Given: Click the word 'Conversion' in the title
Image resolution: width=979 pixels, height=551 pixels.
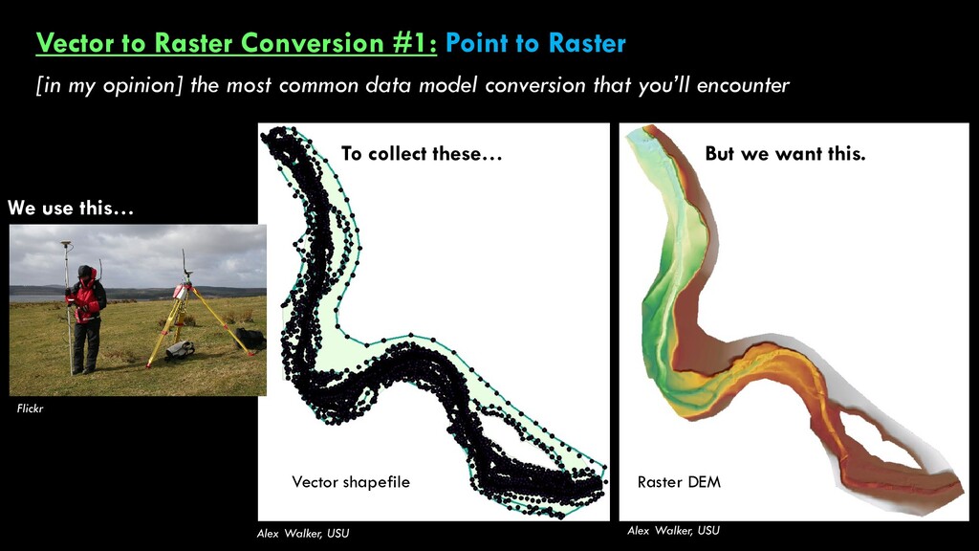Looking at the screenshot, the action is (x=313, y=42).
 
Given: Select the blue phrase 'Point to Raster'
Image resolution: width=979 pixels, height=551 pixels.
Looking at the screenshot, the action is (x=535, y=42).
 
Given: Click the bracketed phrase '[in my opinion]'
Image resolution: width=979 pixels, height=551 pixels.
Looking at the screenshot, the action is (x=109, y=84).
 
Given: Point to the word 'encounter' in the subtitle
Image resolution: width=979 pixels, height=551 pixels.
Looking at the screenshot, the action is (x=742, y=84).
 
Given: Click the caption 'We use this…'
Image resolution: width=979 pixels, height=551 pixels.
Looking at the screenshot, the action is (x=71, y=208).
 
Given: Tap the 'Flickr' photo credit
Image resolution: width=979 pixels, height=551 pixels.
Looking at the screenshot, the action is (x=30, y=408).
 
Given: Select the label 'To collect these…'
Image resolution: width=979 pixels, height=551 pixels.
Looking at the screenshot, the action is (x=422, y=153).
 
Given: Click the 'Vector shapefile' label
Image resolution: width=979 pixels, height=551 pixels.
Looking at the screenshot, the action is (x=351, y=482).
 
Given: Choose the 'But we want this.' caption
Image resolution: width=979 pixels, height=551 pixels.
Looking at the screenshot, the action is (x=785, y=153).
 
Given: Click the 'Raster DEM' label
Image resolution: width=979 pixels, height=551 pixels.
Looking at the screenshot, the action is (x=679, y=482).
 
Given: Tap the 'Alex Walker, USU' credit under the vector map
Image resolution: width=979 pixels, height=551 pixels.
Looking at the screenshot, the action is (x=303, y=533).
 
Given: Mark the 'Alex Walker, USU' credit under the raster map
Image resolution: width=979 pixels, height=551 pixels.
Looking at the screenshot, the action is (x=673, y=530).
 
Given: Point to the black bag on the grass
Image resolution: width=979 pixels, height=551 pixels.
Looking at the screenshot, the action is (x=250, y=339).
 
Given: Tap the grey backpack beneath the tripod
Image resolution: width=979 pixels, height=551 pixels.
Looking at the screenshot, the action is (x=180, y=350).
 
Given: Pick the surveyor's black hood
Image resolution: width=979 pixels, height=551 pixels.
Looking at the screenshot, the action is (x=85, y=273).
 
